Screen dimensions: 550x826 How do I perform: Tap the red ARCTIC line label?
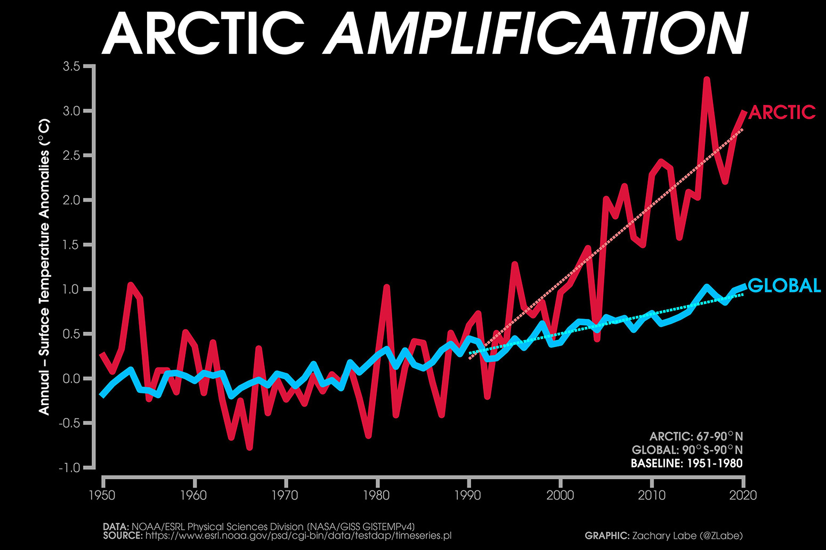(782, 112)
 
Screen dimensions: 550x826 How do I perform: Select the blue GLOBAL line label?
(784, 286)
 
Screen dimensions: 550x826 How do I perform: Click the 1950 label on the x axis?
(102, 495)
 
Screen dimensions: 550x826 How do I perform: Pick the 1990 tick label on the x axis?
(467, 495)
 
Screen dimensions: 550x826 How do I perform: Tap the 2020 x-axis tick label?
(742, 495)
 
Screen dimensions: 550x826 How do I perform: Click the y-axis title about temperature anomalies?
(44, 266)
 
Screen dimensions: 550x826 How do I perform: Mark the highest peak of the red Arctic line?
(707, 80)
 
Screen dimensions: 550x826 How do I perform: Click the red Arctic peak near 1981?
(386, 288)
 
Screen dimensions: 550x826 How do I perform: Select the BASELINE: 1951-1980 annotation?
(686, 463)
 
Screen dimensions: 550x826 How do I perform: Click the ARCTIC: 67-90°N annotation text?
(695, 437)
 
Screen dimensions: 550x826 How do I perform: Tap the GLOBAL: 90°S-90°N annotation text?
(687, 450)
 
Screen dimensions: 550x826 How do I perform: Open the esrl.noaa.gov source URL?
(298, 536)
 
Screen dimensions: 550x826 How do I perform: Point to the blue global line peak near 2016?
(707, 288)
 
